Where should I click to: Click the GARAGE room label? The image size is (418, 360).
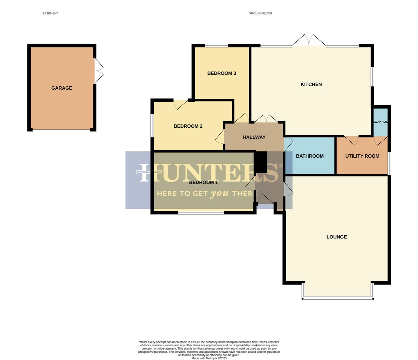click(62, 88)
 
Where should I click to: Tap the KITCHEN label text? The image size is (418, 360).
click(311, 84)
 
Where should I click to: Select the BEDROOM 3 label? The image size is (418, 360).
click(222, 73)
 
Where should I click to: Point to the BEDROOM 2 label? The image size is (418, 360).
click(188, 126)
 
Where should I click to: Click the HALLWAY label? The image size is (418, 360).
click(254, 137)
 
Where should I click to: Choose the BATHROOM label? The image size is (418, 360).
click(310, 156)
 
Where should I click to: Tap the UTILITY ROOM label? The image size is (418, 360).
click(362, 156)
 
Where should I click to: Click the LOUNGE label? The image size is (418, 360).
click(336, 237)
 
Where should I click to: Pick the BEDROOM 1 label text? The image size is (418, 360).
click(203, 182)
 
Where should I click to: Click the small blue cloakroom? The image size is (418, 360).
click(380, 122)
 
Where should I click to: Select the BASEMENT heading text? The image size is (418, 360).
click(50, 14)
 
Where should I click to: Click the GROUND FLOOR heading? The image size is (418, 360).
click(260, 14)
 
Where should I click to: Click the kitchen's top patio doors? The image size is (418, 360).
click(309, 41)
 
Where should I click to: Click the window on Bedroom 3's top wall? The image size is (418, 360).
click(216, 45)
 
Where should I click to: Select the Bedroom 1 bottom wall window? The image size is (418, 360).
click(201, 212)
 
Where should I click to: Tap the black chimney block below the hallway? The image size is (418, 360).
click(261, 162)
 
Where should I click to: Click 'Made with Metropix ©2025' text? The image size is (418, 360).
click(209, 358)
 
